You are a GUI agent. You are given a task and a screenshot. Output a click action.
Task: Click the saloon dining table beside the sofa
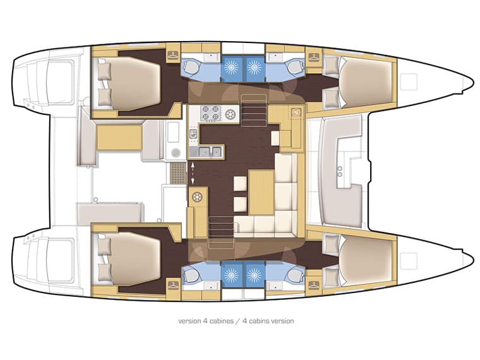(260, 192)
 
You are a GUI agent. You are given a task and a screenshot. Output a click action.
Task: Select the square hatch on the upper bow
(410, 81)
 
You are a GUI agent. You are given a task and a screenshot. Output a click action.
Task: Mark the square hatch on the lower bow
(410, 260)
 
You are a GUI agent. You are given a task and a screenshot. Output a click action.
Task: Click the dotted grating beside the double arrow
(175, 171)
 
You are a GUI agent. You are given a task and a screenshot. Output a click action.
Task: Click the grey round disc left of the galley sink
(177, 152)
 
